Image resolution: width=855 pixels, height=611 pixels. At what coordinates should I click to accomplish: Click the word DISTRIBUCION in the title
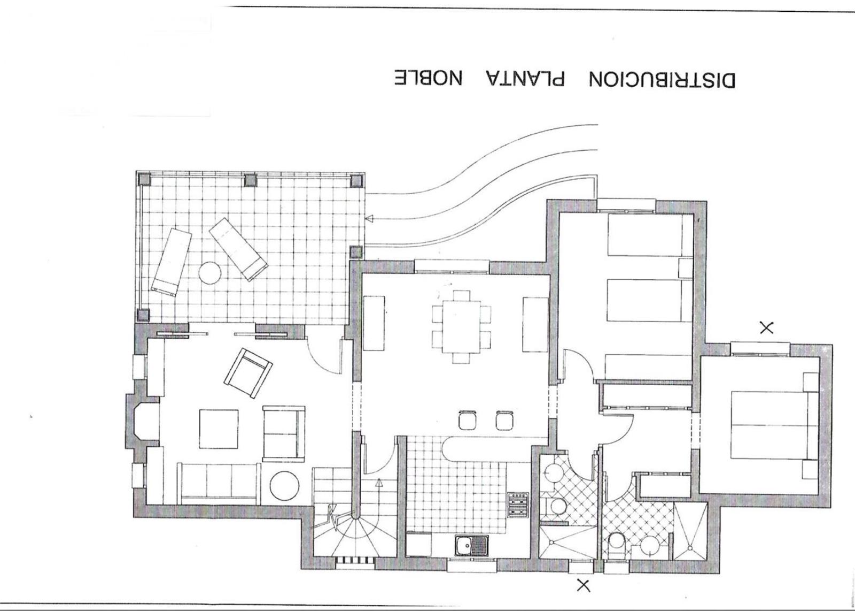click(662, 80)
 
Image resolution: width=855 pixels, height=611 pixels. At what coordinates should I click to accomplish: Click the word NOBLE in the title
click(428, 78)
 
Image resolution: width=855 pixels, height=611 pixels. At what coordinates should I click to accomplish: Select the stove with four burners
click(518, 505)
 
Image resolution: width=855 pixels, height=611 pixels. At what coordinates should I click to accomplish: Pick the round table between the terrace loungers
click(209, 272)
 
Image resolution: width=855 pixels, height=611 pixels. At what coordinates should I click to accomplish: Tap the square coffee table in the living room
click(219, 429)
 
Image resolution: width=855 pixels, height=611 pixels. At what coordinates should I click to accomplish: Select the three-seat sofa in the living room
click(219, 483)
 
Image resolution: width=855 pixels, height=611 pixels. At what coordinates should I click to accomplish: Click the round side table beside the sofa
click(284, 486)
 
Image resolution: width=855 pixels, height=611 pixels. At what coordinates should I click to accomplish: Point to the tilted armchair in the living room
click(248, 373)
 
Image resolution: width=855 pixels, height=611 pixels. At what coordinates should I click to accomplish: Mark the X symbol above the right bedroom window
click(767, 328)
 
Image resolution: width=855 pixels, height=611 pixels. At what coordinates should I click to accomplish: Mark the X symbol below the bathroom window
click(583, 585)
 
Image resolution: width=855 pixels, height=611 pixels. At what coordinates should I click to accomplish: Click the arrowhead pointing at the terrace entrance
click(369, 219)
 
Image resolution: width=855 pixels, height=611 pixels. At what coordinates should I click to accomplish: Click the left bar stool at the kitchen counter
click(468, 420)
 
